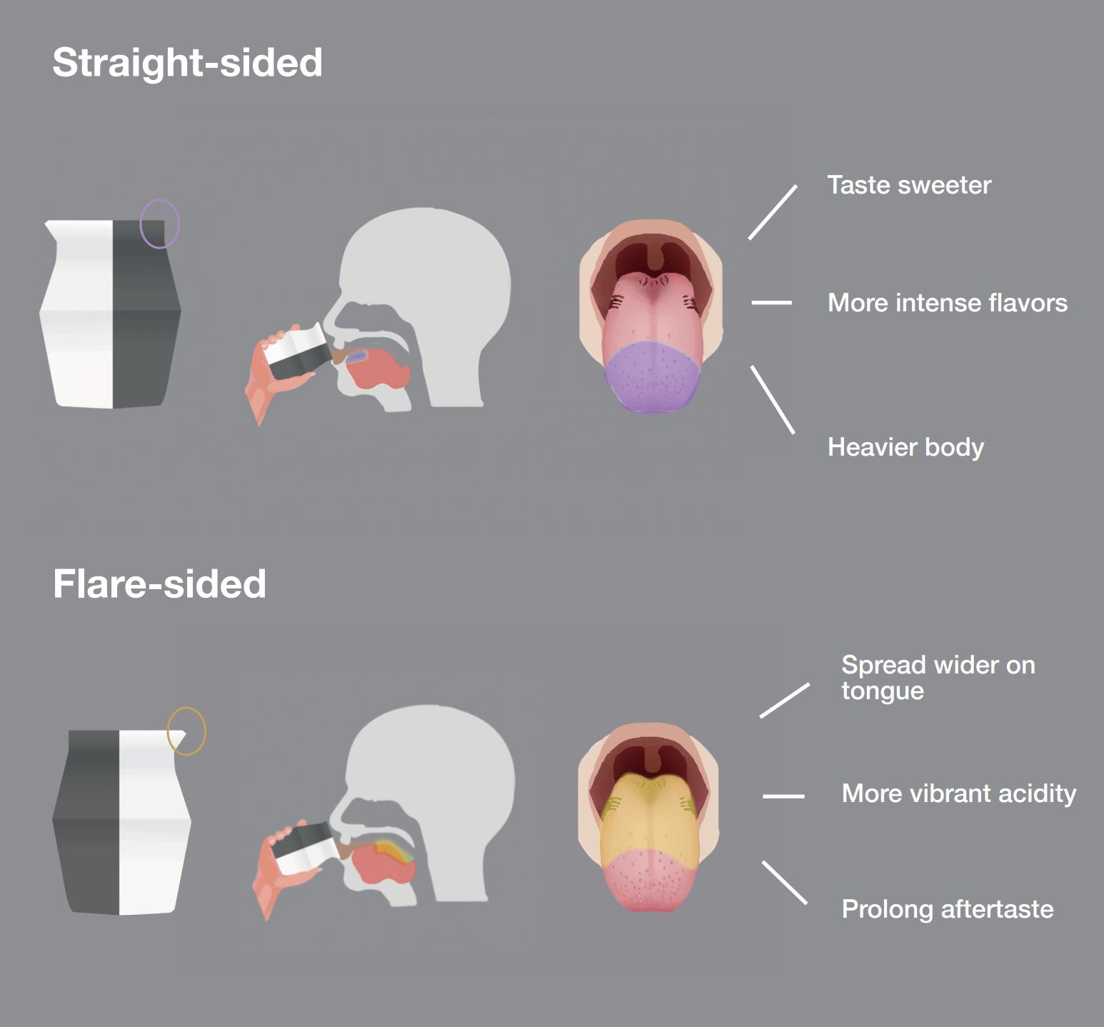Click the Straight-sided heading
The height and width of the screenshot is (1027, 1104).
click(187, 63)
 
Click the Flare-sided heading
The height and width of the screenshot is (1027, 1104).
click(159, 584)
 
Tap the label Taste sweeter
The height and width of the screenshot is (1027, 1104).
click(909, 185)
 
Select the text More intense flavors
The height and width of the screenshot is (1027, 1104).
click(947, 303)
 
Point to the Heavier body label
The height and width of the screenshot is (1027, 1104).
click(905, 447)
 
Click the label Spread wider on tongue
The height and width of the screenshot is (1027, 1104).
click(938, 678)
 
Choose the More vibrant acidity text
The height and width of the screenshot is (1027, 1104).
click(958, 793)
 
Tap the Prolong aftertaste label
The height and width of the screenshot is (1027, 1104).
click(947, 909)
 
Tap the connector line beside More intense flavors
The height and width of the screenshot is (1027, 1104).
click(771, 303)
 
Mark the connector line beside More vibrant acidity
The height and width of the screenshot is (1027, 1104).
click(783, 796)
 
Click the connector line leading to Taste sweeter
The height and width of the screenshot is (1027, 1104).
click(773, 212)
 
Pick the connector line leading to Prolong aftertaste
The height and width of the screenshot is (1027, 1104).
click(784, 883)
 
